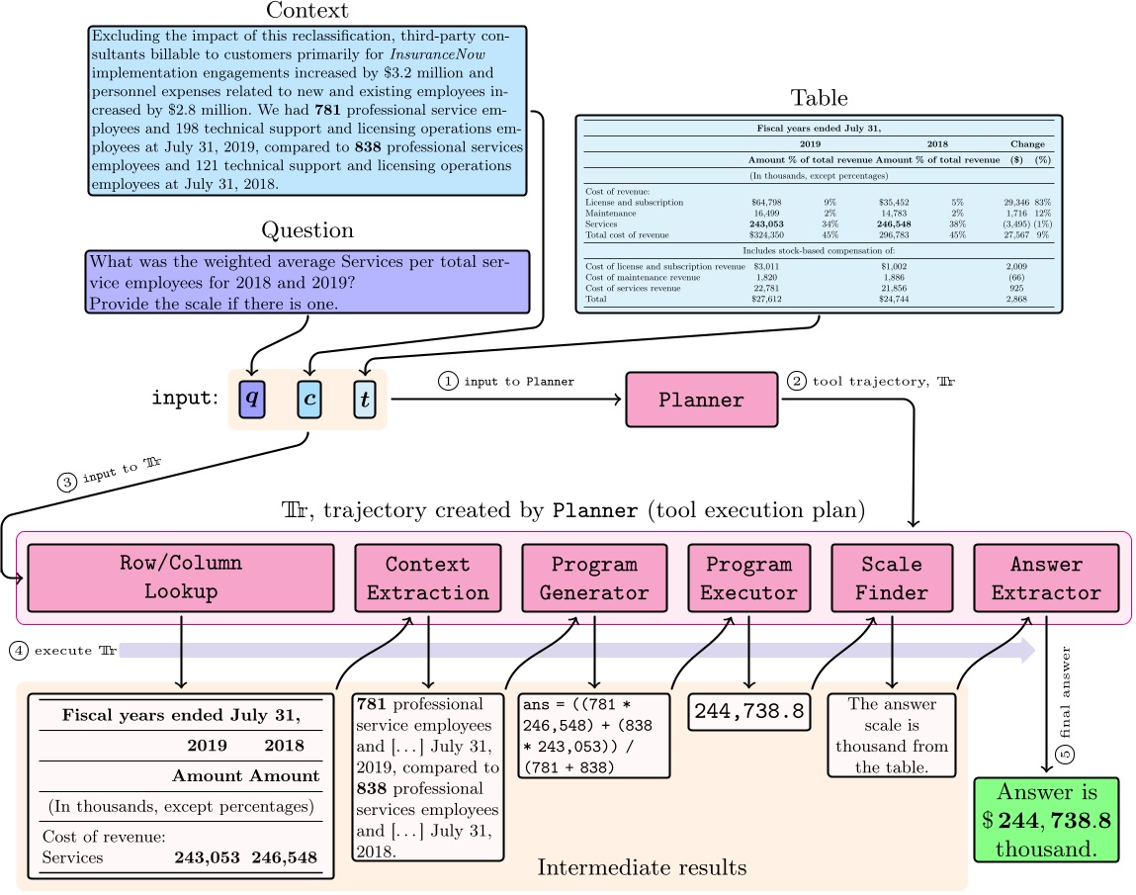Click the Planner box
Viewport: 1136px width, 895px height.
[x=702, y=400]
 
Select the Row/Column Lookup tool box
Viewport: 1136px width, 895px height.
[x=181, y=578]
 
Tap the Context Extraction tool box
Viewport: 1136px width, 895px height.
[x=428, y=578]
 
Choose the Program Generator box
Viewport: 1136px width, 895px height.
[x=594, y=578]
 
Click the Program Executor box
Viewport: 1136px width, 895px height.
[x=748, y=578]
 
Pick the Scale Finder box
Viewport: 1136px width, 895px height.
[x=893, y=578]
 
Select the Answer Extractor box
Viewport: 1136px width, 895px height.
[x=1046, y=578]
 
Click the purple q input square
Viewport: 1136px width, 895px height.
[x=253, y=399]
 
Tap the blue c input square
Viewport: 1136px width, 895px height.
[x=310, y=399]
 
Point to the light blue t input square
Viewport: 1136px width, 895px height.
[x=367, y=399]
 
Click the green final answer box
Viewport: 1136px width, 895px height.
[x=1046, y=820]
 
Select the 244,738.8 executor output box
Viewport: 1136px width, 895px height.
[x=748, y=711]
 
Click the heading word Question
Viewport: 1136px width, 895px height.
[x=306, y=230]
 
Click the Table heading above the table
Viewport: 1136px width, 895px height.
[x=819, y=98]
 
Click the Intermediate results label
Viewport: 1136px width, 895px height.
[x=642, y=867]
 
